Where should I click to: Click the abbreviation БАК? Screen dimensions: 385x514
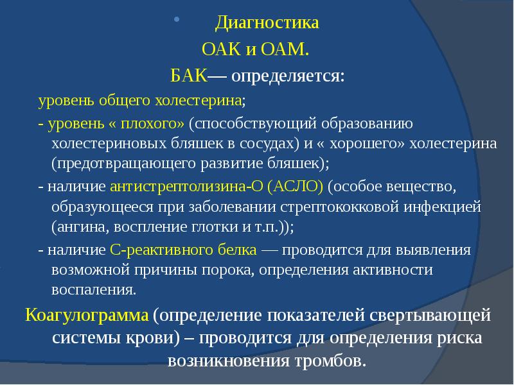(188, 77)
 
